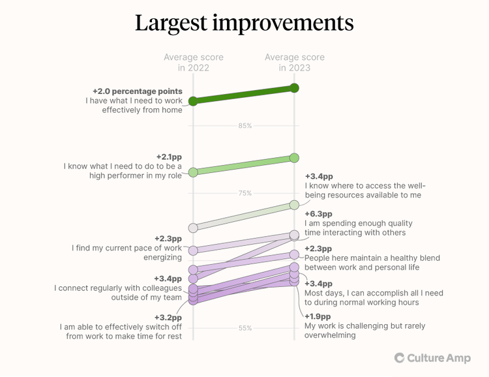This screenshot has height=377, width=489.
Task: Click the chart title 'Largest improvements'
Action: point(244,23)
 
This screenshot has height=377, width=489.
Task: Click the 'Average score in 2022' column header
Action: point(193,63)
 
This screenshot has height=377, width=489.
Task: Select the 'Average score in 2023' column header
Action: point(294,63)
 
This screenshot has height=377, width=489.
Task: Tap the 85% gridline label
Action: point(244,126)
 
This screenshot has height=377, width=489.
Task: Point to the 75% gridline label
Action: point(244,193)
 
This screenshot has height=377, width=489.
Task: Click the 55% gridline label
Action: point(244,328)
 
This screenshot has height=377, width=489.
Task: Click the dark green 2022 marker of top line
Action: point(193,101)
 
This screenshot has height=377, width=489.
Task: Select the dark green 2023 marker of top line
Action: point(294,87)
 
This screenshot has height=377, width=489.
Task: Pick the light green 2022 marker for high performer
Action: point(193,172)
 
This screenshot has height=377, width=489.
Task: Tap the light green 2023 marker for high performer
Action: point(294,158)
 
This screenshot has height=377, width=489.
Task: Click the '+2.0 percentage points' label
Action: point(137,91)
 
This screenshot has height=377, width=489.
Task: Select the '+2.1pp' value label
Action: point(169,157)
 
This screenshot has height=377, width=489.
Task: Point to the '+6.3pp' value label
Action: point(318,214)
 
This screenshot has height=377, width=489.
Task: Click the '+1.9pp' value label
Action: point(318,316)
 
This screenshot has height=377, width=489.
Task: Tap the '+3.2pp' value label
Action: point(168,318)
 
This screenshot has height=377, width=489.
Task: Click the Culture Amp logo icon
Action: point(399,357)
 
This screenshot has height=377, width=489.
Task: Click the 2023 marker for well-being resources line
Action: point(294,205)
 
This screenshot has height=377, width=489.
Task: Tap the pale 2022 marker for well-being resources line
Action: point(193,228)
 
